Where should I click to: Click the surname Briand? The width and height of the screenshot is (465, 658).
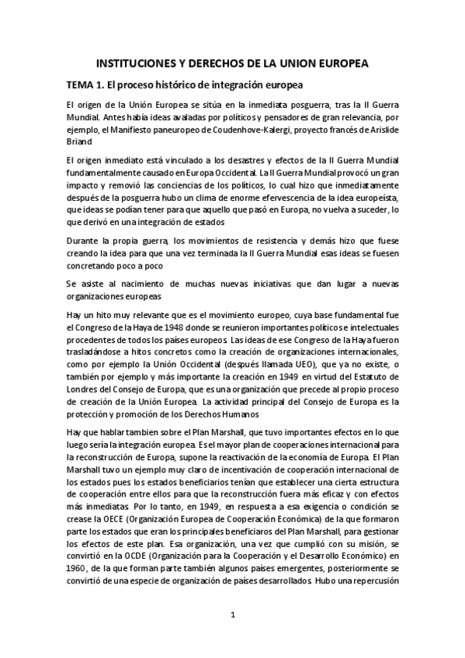(83, 142)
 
